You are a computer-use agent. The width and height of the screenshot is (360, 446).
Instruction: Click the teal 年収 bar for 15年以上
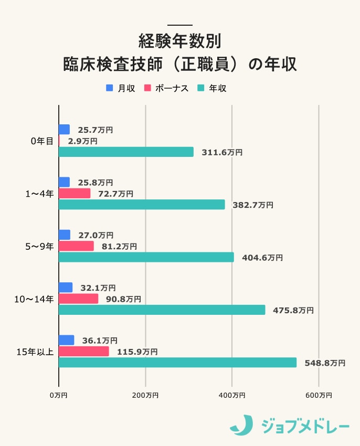177,363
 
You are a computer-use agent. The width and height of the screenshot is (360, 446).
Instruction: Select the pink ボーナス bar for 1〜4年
75,194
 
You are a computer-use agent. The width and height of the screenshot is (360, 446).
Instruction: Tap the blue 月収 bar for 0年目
64,130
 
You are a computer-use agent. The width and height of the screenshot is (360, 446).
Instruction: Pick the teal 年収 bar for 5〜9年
146,257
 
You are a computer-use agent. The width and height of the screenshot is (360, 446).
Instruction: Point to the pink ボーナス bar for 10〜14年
78,299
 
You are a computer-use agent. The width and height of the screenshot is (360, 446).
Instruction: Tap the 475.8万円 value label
293,310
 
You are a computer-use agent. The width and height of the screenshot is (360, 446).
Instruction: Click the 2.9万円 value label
82,141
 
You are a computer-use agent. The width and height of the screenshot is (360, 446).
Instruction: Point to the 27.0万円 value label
96,236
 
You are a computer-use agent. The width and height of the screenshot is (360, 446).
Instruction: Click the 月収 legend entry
121,88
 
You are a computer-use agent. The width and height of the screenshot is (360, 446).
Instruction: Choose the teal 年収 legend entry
213,88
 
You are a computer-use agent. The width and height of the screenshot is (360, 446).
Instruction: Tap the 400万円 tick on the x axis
231,395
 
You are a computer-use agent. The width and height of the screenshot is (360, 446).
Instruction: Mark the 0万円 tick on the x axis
58,395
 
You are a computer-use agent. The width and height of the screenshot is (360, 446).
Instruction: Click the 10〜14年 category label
34,299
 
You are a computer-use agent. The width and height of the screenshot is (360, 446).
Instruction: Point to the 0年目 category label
42,141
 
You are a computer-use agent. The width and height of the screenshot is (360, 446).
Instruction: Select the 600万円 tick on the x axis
318,395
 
